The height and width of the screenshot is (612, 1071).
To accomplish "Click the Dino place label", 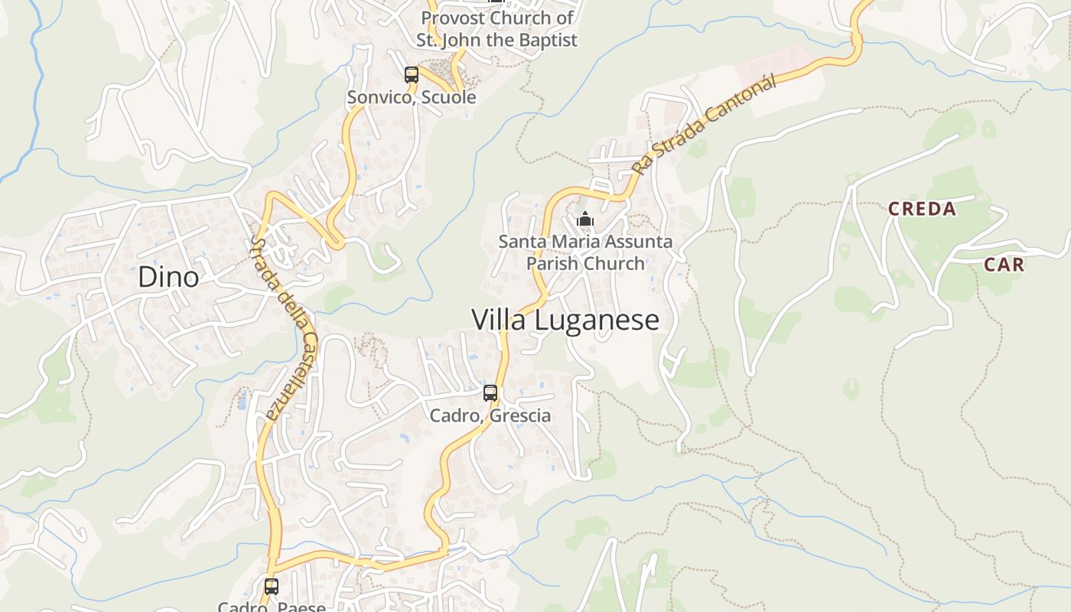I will pyautogui.click(x=168, y=277).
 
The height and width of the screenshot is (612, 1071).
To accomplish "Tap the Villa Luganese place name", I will pyautogui.click(x=565, y=320).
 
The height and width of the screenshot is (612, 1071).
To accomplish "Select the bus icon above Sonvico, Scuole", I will pyautogui.click(x=412, y=75).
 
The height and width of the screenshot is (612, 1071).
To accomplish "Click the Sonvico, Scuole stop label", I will pyautogui.click(x=412, y=97).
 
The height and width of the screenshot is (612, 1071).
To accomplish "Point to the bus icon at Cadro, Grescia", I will pyautogui.click(x=490, y=393).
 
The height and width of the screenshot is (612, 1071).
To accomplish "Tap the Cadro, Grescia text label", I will pyautogui.click(x=490, y=416).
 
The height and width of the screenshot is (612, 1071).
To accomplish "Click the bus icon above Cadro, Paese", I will pyautogui.click(x=272, y=587).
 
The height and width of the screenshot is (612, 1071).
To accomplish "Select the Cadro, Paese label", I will pyautogui.click(x=272, y=607).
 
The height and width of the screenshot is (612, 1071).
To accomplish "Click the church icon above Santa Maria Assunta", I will pyautogui.click(x=585, y=220).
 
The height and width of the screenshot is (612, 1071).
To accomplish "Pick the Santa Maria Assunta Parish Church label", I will pyautogui.click(x=585, y=252).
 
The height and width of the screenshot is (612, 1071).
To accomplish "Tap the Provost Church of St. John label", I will pyautogui.click(x=496, y=28).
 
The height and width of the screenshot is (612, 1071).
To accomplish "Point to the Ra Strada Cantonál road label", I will pyautogui.click(x=704, y=124).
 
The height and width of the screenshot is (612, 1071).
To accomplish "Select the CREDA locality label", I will pyautogui.click(x=922, y=209).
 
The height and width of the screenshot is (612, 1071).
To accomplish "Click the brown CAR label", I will pyautogui.click(x=1004, y=265).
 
